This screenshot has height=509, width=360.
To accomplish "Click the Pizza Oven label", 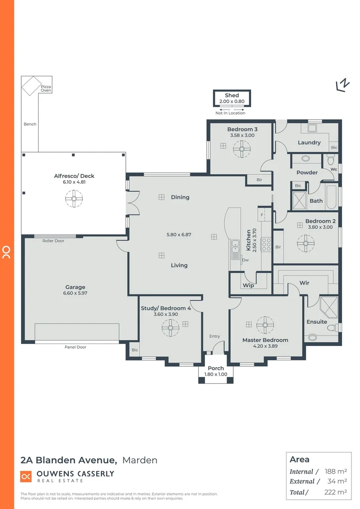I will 46,88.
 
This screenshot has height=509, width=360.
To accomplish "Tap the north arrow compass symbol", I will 343,84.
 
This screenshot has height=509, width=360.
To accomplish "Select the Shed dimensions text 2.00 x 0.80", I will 231,101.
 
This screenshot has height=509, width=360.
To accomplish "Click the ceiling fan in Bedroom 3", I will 242,150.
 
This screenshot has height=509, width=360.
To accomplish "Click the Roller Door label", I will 53,241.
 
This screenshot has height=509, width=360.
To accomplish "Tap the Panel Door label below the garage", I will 75,347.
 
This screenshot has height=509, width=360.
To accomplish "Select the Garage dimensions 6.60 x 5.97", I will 75,293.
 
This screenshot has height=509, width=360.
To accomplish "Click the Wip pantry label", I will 248,286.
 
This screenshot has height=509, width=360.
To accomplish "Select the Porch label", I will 215,368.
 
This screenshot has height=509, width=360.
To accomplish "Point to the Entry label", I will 214,336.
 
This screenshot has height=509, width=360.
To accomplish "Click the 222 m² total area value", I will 336,492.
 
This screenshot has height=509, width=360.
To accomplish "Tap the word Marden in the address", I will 139,460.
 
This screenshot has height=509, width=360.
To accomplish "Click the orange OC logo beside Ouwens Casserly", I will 25,476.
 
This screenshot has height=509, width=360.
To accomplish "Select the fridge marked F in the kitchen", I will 262,214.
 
